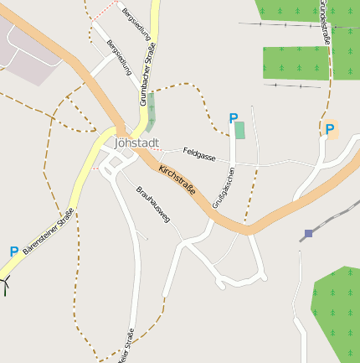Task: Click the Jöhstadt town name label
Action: point(136,143)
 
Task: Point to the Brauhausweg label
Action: point(153,204)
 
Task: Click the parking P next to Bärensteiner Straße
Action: point(13,252)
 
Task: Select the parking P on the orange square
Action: point(330,130)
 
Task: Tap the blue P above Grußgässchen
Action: point(234,119)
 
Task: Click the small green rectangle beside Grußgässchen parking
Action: point(240,130)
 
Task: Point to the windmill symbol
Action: point(6,284)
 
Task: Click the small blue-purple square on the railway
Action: point(309,233)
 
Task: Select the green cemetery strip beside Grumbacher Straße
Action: point(151,111)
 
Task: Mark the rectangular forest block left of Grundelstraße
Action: point(295,63)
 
